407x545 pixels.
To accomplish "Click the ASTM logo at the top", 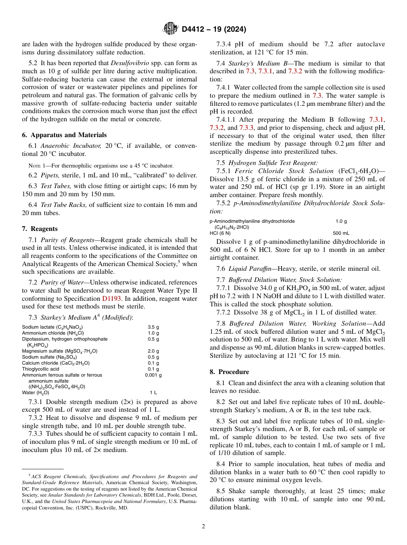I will (x=171, y=29).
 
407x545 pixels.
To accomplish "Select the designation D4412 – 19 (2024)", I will (x=213, y=29).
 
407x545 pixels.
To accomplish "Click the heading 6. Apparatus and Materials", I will (x=64, y=135).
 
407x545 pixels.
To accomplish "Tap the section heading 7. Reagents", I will (x=39, y=229).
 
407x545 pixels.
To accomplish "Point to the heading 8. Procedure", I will (x=229, y=372).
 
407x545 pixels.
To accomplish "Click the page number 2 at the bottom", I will (x=203, y=527).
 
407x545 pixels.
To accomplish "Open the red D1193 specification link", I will (x=111, y=298).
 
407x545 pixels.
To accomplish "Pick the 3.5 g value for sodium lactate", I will (x=153, y=327).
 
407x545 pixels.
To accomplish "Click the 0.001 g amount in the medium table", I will (x=153, y=375).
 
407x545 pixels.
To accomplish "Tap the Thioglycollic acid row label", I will (x=41, y=369).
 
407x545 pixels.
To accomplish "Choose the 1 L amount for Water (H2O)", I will (x=153, y=392).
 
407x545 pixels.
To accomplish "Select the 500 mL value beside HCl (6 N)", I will (x=341, y=233).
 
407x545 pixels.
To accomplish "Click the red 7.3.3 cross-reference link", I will (x=246, y=128).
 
